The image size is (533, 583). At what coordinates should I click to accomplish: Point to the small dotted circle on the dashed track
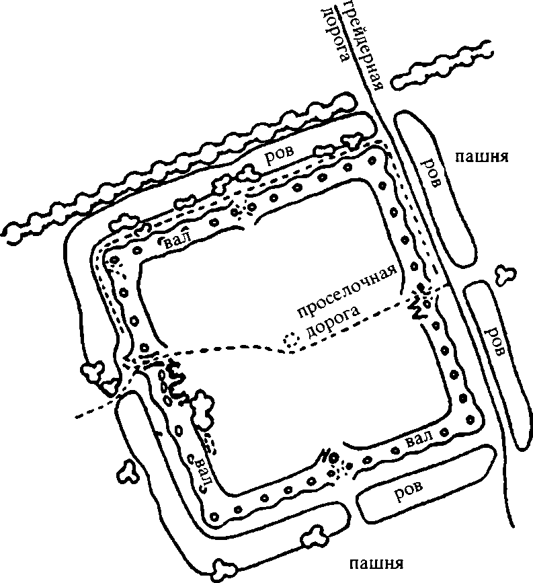tap(292, 341)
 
